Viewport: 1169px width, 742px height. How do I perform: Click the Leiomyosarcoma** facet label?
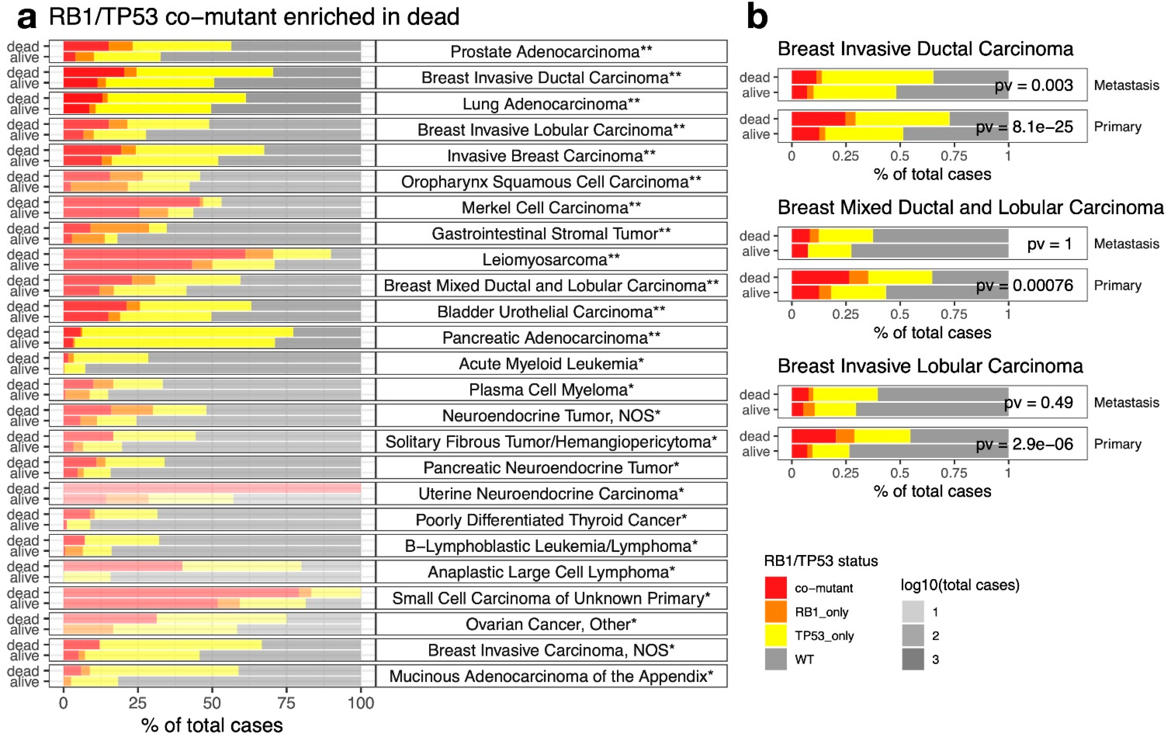(x=551, y=260)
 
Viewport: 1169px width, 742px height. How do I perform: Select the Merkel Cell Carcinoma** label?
(x=551, y=208)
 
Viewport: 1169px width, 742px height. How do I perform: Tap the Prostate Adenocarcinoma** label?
(x=551, y=51)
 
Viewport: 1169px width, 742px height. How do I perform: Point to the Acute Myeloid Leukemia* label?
(x=551, y=364)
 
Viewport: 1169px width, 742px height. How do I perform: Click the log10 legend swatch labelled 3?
(x=913, y=659)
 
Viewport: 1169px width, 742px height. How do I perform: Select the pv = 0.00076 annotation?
(x=1024, y=285)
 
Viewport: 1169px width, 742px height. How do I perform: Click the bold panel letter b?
(x=757, y=17)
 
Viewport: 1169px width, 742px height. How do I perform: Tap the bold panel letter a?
(x=27, y=18)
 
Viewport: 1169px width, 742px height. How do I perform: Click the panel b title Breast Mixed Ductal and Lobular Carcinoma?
(x=970, y=208)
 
